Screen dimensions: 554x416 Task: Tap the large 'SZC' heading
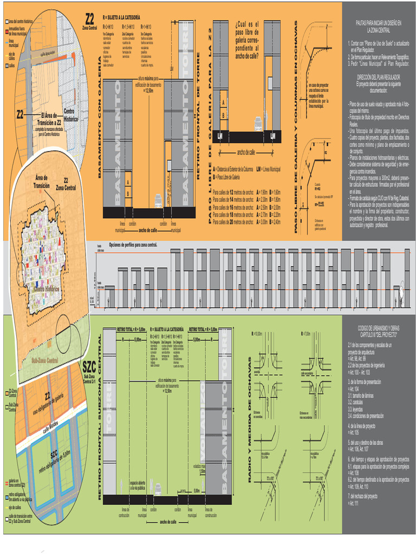pos(90,365)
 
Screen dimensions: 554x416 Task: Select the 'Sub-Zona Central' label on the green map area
pos(44,361)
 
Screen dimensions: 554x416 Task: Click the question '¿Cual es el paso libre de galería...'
pos(246,38)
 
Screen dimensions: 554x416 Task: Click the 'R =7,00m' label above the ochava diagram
pos(306,334)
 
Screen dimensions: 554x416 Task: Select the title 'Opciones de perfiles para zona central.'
pos(133,245)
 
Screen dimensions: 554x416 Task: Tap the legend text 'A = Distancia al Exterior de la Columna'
pos(233,169)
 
